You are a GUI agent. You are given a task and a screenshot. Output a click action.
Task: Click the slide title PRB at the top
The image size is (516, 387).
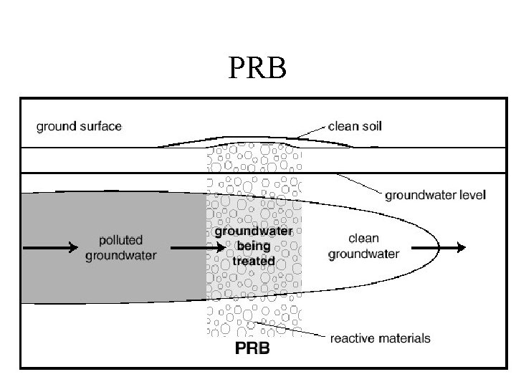coord(258,70)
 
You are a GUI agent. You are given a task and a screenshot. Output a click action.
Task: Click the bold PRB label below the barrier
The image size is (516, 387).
coord(254,350)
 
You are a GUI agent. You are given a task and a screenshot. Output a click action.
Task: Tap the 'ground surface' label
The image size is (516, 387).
coord(79,127)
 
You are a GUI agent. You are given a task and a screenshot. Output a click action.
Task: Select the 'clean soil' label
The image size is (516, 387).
coord(355,127)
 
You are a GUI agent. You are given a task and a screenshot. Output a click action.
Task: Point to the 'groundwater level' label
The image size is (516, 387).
coord(436,194)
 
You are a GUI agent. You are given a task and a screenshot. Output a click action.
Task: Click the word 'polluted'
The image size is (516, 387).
coord(121,240)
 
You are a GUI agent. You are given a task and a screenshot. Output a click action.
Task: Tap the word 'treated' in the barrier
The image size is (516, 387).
coord(254,261)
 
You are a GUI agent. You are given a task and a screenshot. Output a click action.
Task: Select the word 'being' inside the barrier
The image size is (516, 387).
coord(254,247)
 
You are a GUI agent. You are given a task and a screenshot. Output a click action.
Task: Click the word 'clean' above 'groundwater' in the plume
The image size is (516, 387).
coord(363,239)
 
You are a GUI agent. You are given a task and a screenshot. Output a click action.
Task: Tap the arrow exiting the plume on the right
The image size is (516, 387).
coord(441,248)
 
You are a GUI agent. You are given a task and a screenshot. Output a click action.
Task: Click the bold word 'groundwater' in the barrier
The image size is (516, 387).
coord(254,232)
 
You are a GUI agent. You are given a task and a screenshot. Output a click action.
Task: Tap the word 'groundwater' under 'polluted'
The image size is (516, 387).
coord(121,254)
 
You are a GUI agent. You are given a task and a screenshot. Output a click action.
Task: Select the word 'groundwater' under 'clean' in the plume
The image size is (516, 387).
coord(363,254)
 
